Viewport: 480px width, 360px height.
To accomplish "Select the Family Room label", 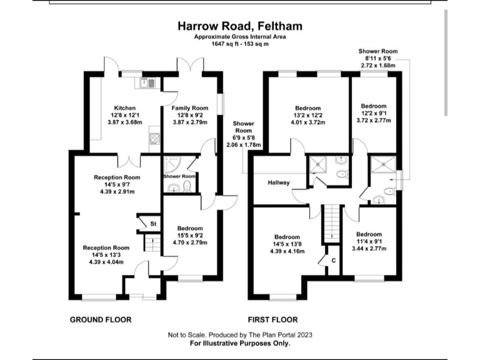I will point(190,108).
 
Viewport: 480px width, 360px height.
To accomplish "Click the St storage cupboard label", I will point(151,223).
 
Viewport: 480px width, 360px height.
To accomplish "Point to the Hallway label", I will point(279,182).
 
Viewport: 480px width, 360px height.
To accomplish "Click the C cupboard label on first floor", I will point(333,260).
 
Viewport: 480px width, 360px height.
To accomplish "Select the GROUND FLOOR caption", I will point(101,319).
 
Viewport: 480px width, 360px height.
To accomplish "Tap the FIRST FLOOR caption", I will point(272,319).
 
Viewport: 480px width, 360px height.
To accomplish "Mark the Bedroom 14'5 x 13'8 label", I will point(287,237).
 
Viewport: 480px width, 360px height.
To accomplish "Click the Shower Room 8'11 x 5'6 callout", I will point(377,51).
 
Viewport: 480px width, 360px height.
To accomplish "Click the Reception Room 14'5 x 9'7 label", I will point(117,177).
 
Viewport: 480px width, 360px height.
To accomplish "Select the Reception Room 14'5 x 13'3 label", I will point(106,248).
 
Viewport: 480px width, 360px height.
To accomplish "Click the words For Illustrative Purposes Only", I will point(240,343).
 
